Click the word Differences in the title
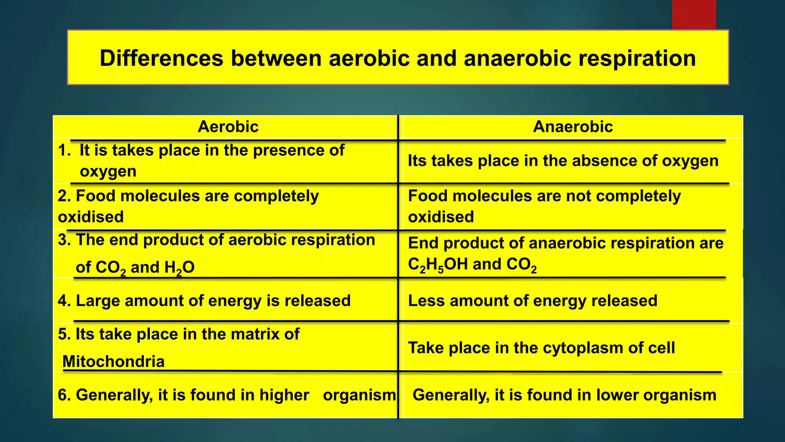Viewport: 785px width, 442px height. click(x=161, y=58)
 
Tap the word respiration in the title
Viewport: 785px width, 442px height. click(x=637, y=58)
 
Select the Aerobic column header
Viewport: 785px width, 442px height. click(x=228, y=127)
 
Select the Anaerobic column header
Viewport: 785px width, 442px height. click(x=573, y=127)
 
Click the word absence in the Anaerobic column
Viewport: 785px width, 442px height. click(x=605, y=161)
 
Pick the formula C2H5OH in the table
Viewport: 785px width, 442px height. click(x=437, y=265)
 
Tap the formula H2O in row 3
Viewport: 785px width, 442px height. click(x=179, y=267)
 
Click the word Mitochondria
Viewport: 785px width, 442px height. click(x=113, y=361)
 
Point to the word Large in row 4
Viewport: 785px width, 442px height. click(x=98, y=301)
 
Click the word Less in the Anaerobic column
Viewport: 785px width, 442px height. click(x=426, y=301)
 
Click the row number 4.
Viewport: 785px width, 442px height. click(x=64, y=301)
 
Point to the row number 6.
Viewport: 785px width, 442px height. click(x=64, y=395)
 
